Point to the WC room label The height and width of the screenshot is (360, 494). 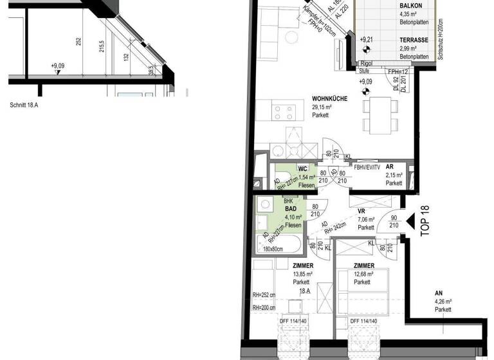[303, 169]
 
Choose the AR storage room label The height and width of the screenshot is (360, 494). [390, 166]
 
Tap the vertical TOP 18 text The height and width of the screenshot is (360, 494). [424, 222]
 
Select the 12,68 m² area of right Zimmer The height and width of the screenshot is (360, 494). [363, 273]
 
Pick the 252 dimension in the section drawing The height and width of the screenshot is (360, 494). [78, 42]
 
